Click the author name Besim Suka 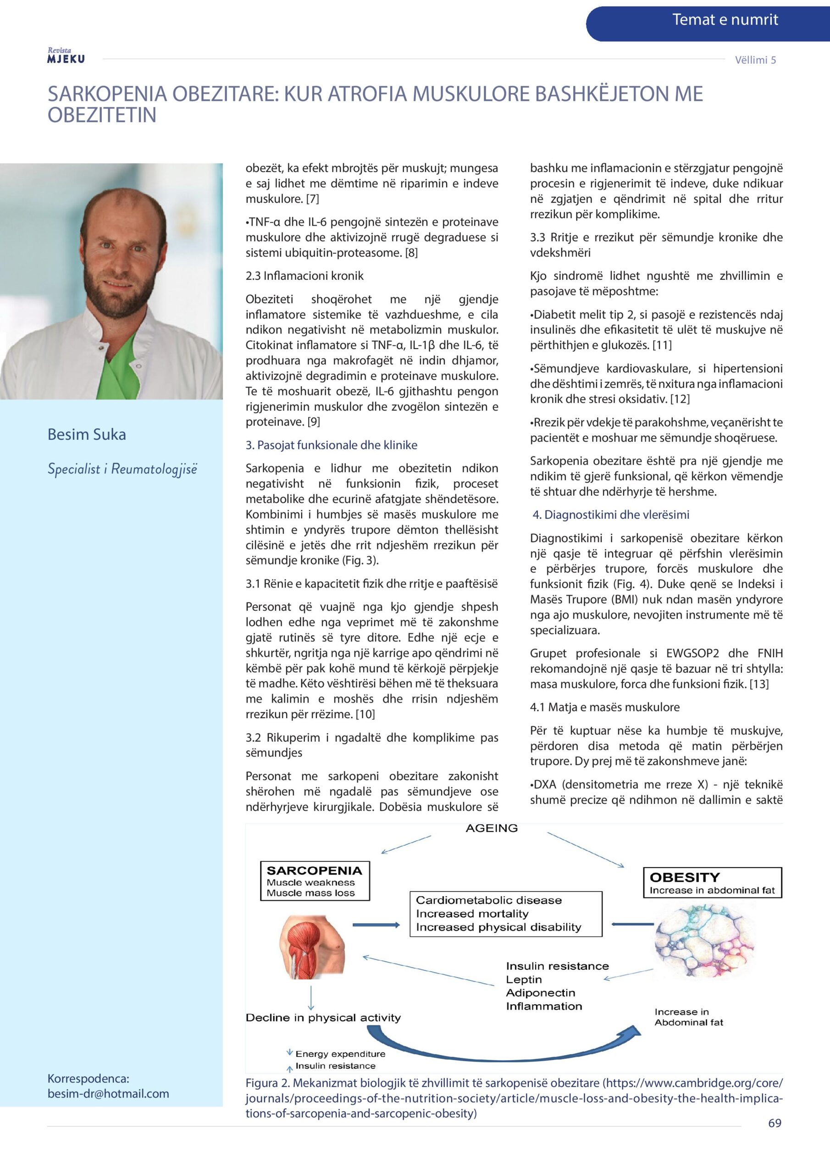coord(86,434)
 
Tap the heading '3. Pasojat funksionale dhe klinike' coord(332,445)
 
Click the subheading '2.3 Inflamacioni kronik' coord(304,276)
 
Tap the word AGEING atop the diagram coord(492,828)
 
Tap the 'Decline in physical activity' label coord(323,1018)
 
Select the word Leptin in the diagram coord(524,979)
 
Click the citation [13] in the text coord(759,684)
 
